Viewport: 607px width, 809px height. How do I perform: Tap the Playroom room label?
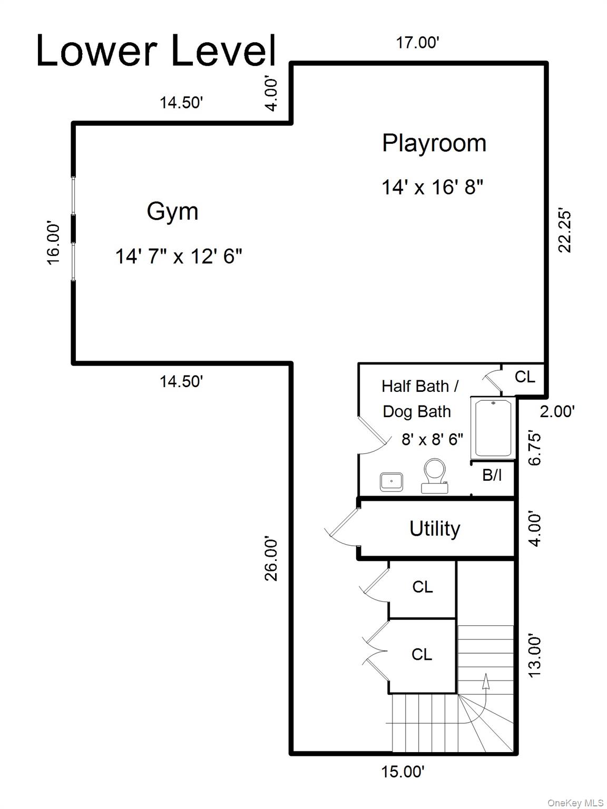(x=434, y=144)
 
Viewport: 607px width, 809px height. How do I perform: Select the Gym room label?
(x=172, y=212)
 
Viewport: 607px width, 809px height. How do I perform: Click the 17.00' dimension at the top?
(x=417, y=43)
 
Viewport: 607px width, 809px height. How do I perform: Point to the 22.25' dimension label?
(x=565, y=231)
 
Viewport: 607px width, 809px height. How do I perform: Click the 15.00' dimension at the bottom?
(x=403, y=772)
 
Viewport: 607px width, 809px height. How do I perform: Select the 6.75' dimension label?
(x=535, y=448)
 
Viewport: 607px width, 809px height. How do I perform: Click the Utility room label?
(x=435, y=529)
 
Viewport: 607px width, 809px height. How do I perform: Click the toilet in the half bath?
(x=435, y=476)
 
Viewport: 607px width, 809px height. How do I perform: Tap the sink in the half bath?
(x=391, y=482)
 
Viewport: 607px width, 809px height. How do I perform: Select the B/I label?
(x=492, y=476)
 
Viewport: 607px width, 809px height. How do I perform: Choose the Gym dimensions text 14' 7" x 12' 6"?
(x=179, y=256)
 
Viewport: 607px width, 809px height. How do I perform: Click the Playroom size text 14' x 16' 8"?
(x=432, y=187)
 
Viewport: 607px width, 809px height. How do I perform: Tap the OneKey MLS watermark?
(x=575, y=800)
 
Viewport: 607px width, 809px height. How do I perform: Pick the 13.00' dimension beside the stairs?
(x=535, y=655)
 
